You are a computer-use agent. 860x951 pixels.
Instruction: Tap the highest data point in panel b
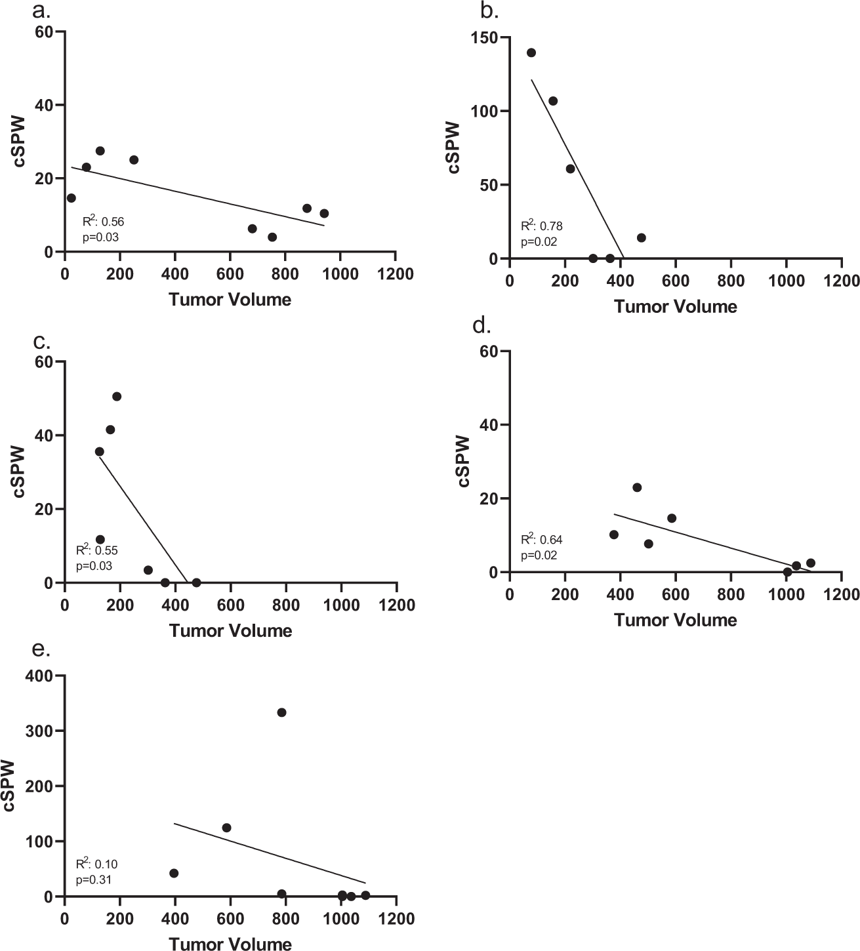pyautogui.click(x=531, y=52)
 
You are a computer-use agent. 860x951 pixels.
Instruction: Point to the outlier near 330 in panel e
pyautogui.click(x=281, y=712)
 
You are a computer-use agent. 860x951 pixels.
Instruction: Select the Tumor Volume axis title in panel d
pyautogui.click(x=676, y=620)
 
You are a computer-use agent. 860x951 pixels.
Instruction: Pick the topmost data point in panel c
pyautogui.click(x=117, y=396)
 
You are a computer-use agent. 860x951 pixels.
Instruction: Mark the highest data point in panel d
pyautogui.click(x=636, y=487)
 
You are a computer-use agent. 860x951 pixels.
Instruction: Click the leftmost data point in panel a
pyautogui.click(x=71, y=198)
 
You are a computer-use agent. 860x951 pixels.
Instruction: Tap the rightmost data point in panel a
pyautogui.click(x=324, y=213)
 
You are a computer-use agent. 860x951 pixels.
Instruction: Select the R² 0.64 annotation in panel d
pyautogui.click(x=541, y=540)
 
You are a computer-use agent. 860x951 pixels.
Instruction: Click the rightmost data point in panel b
pyautogui.click(x=641, y=237)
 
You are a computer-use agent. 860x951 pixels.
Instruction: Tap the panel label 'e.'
pyautogui.click(x=41, y=649)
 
